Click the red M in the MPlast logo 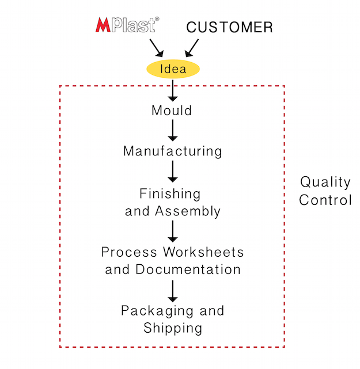[103, 25]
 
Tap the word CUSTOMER [230, 27]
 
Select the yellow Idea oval [173, 69]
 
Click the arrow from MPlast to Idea [157, 48]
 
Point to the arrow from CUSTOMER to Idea [192, 48]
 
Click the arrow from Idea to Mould [173, 90]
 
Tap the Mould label [172, 111]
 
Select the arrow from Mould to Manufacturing [173, 130]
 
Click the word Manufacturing [173, 151]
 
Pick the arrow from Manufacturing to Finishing [173, 172]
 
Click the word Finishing [170, 194]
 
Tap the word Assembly [188, 211]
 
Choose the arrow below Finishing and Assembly [173, 231]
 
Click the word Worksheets [204, 252]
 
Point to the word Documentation [188, 269]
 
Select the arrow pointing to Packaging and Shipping [173, 291]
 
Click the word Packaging [157, 311]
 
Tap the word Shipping [173, 328]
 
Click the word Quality [325, 182]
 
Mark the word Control [325, 200]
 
